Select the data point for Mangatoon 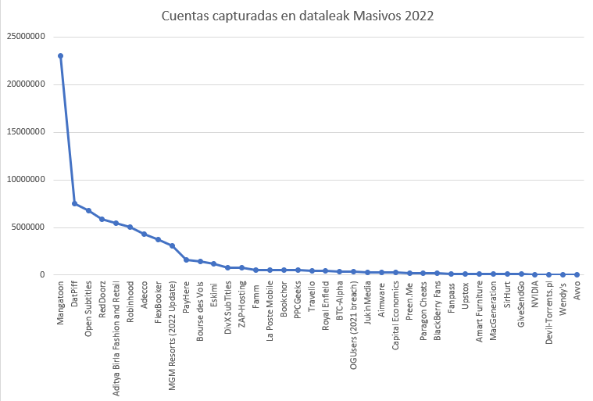(60, 55)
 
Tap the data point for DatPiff (74, 203)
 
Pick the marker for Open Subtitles (88, 210)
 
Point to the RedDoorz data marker (102, 219)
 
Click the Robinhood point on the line (130, 227)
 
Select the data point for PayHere (186, 260)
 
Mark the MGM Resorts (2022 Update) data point (172, 245)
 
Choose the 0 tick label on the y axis (42, 275)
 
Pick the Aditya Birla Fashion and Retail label (116, 325)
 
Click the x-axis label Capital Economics (395, 314)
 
